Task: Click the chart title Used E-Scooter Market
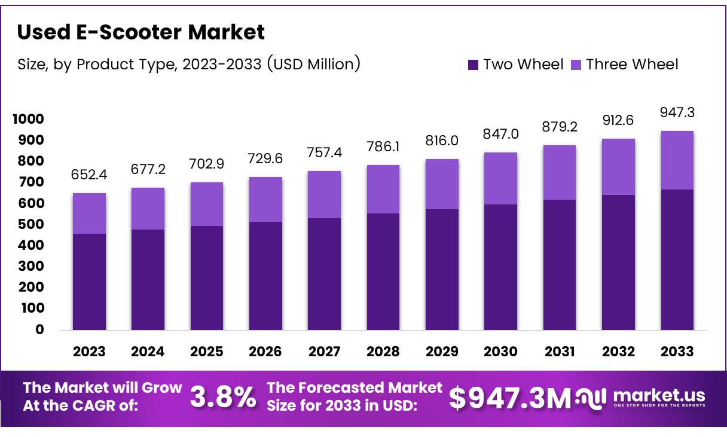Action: (140, 32)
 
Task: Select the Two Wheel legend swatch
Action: (473, 65)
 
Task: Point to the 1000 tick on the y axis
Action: (28, 119)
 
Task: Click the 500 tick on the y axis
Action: (32, 224)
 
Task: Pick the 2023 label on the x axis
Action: (89, 352)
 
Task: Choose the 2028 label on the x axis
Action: (383, 352)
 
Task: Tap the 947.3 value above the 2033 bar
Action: (677, 112)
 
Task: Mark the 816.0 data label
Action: (442, 140)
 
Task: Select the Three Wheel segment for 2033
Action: (677, 160)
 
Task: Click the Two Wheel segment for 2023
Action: (89, 282)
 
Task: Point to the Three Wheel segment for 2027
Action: (324, 194)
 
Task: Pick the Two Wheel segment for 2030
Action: (500, 267)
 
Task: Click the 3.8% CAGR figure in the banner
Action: (223, 398)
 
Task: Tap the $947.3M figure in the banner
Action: (510, 399)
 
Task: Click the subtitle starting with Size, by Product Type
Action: (188, 64)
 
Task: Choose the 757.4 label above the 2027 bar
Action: (324, 153)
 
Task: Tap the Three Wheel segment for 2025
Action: (207, 204)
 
